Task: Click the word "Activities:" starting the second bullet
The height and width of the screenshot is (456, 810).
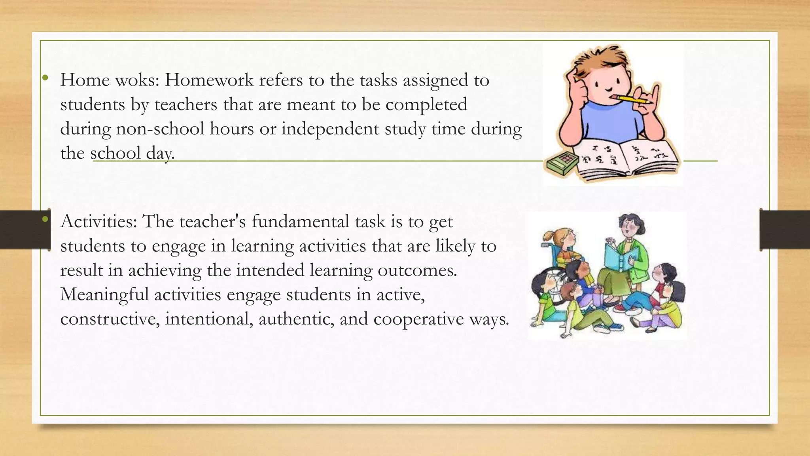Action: pyautogui.click(x=98, y=222)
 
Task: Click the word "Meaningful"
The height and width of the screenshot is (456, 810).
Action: pyautogui.click(x=104, y=294)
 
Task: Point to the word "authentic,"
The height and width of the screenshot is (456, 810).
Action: pyautogui.click(x=296, y=319)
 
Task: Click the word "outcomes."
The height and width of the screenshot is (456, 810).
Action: pyautogui.click(x=417, y=270)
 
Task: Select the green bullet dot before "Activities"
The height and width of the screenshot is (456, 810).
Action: pyautogui.click(x=45, y=219)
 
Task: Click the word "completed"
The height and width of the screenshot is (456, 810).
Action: pyautogui.click(x=426, y=105)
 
